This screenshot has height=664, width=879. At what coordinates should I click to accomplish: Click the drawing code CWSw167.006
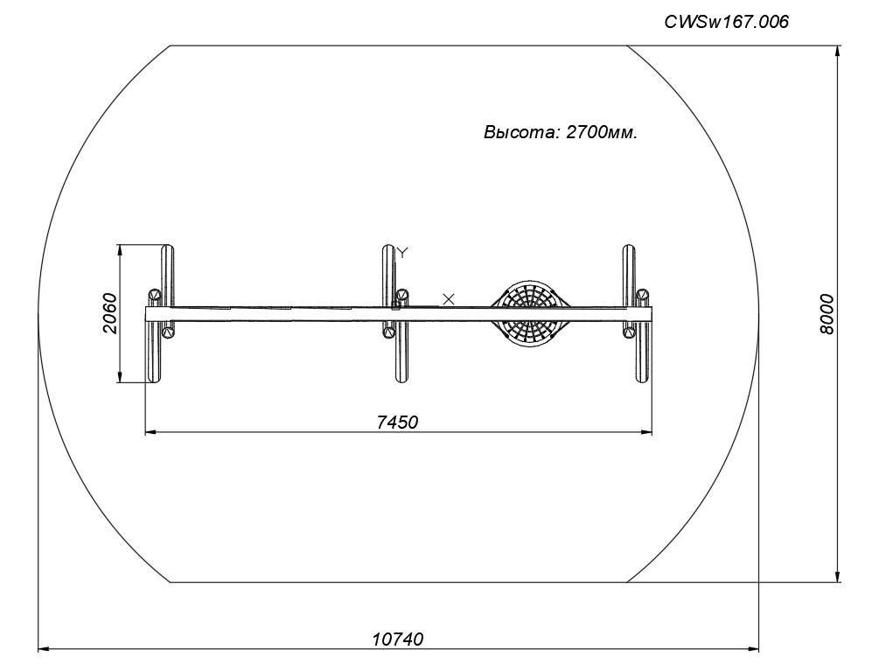pos(727,22)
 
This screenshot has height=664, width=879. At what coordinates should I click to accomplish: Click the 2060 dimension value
pos(110,313)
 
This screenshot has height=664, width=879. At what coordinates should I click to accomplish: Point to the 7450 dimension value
pos(397,422)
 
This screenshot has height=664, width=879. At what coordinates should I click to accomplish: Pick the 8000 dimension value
pos(827,314)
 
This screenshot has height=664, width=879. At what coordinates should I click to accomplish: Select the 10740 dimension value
pos(398,639)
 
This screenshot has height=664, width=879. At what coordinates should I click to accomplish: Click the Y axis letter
pos(403,252)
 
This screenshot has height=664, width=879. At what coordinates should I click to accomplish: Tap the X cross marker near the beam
pos(449,299)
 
